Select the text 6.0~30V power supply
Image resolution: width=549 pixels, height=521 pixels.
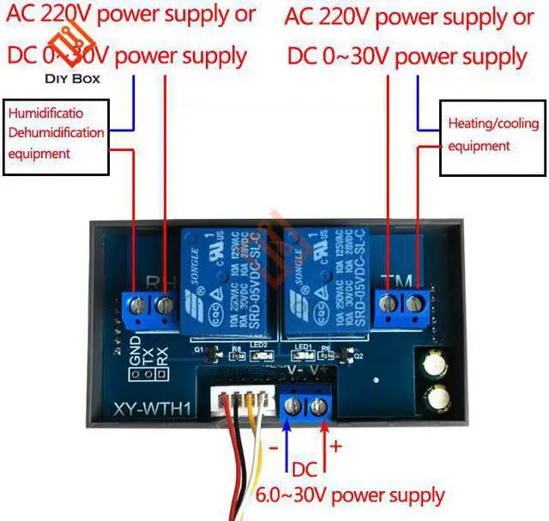[x=350, y=495]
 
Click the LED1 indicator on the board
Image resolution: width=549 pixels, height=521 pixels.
[x=301, y=352]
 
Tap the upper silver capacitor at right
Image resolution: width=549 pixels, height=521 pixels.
[x=434, y=361]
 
